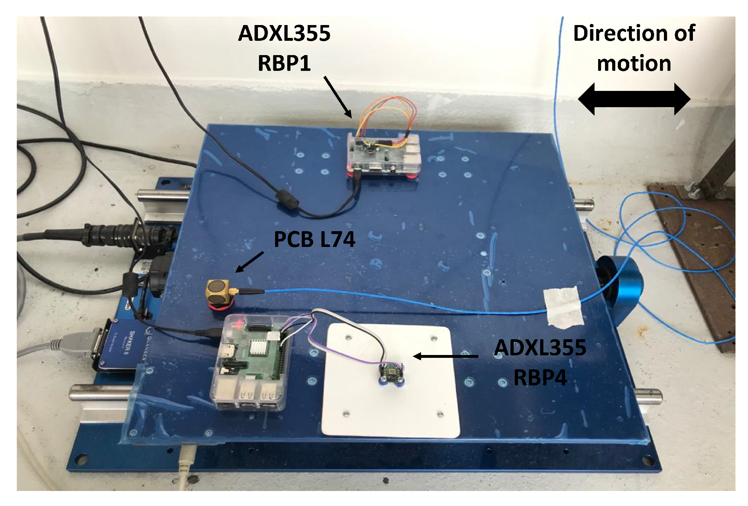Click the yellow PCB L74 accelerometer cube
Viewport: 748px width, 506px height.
(219, 291)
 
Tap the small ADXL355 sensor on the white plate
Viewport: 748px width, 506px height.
(391, 374)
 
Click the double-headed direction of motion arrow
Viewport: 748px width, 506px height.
(634, 99)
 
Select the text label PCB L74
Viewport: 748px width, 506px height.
(314, 239)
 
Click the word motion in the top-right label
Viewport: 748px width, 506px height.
(634, 64)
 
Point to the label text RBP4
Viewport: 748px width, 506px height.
(540, 378)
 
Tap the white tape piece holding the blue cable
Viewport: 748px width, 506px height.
(563, 307)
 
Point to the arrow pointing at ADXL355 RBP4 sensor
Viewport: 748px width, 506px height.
(445, 356)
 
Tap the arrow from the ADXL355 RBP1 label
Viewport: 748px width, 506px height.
(338, 97)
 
